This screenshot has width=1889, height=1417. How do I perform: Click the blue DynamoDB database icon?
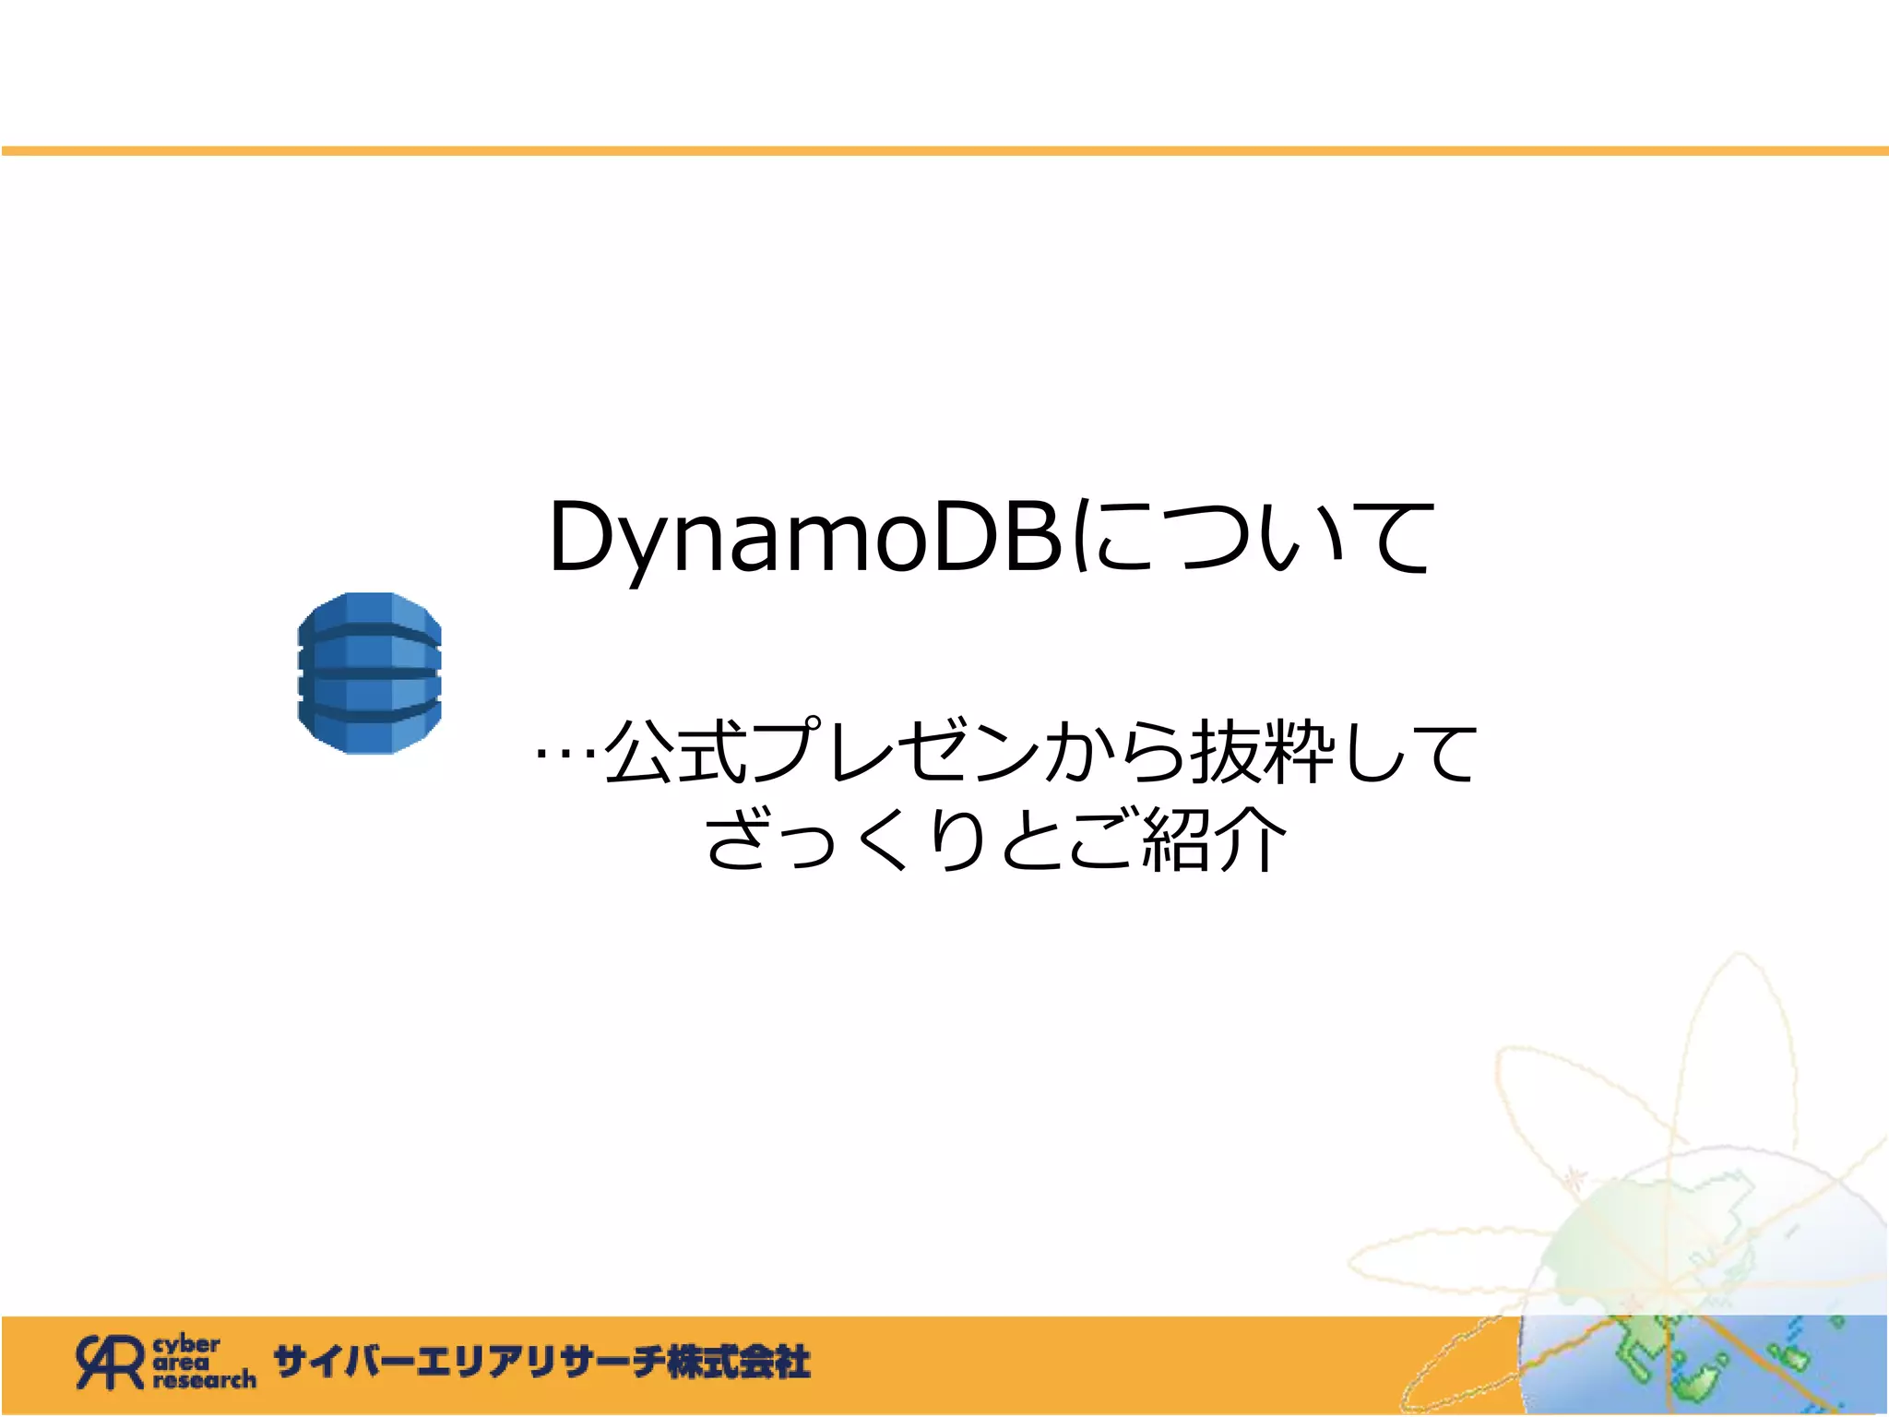tap(369, 673)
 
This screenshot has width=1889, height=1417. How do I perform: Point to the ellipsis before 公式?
tap(566, 753)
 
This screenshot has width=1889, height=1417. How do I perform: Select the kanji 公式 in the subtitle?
tap(675, 753)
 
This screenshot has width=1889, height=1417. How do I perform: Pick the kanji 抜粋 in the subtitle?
tap(1264, 753)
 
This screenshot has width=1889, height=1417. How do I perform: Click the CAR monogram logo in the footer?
tap(110, 1362)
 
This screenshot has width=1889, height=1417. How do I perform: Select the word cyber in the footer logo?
tap(186, 1344)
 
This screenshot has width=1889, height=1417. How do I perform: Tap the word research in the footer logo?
tap(204, 1380)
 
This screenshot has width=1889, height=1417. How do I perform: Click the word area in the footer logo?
tap(181, 1362)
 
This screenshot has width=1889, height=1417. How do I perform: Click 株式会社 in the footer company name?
tap(738, 1362)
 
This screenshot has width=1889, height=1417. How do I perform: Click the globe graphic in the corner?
tap(1706, 1310)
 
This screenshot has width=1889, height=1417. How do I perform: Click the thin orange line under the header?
tap(944, 150)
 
